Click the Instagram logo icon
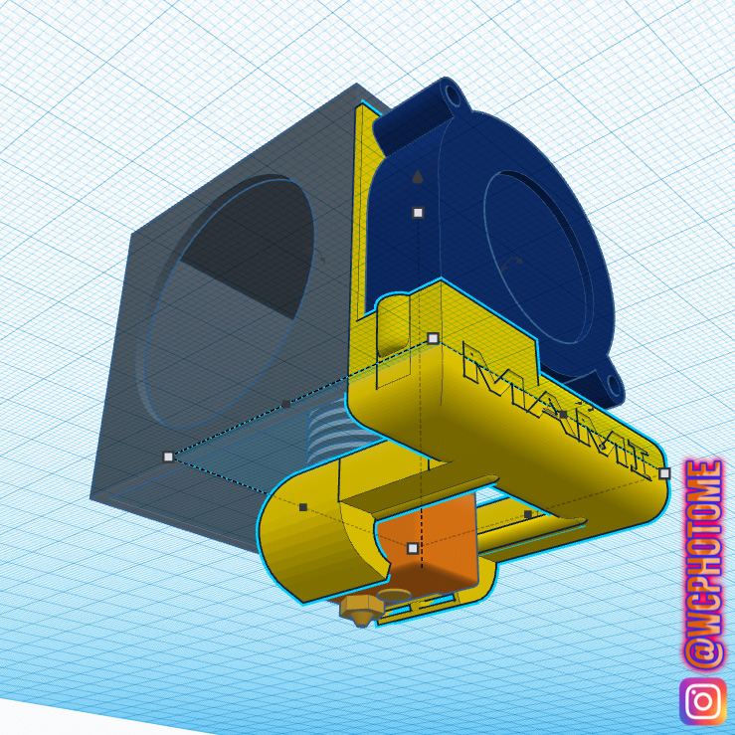(702, 702)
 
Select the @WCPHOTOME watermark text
(703, 564)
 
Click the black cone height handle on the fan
(417, 177)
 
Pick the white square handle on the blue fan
(418, 213)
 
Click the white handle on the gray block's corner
(168, 457)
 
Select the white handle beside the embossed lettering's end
(664, 473)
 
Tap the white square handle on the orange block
(413, 548)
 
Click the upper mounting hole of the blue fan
(454, 95)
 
